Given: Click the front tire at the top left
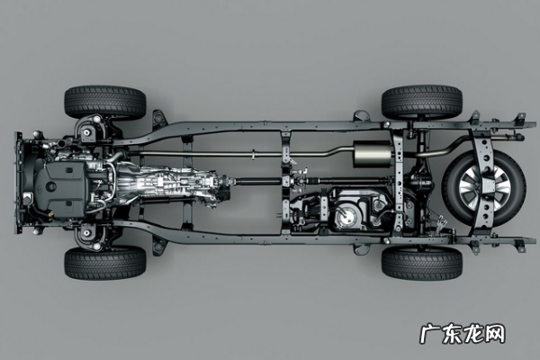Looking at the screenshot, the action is pos(105,103).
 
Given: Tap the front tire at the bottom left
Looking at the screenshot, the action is pos(105,263).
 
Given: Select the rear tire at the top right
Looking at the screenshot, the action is pos(421,102).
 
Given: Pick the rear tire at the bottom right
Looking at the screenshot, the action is pos(421,263).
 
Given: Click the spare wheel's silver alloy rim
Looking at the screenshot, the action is pos(485,189).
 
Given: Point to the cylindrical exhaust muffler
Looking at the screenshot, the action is pos(373,154).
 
